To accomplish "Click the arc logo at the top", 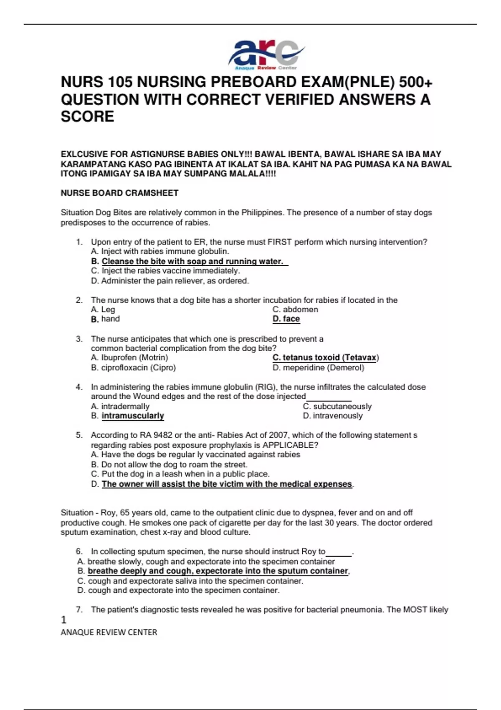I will click(x=266, y=54).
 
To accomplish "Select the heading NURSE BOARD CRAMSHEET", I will click(x=119, y=193).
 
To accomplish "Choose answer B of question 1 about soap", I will click(x=189, y=261).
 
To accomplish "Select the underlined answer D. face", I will click(x=286, y=319).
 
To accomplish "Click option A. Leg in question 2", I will click(x=103, y=309).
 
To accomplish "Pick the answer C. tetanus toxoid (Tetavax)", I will click(x=325, y=358).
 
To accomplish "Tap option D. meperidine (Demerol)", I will click(x=318, y=368).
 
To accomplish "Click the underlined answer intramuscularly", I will click(x=132, y=416).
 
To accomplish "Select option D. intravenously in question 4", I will click(x=332, y=416).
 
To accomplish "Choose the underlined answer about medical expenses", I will click(x=227, y=484).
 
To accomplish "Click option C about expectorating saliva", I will click(x=190, y=581).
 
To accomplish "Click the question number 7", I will click(x=79, y=610).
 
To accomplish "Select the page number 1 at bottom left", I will click(x=63, y=620).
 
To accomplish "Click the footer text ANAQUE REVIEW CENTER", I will click(x=109, y=633).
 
